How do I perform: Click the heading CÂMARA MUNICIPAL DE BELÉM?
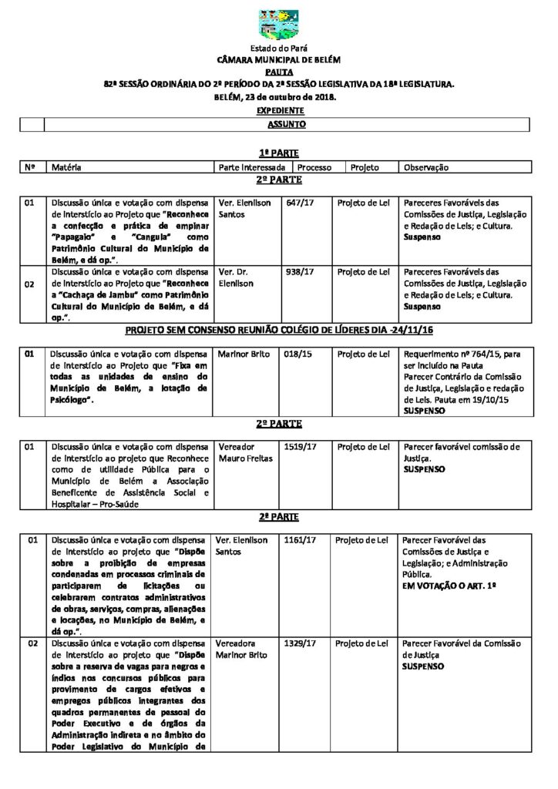(278, 59)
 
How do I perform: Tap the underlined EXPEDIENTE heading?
(279, 111)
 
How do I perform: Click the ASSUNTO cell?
(287, 123)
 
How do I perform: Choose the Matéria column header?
(66, 167)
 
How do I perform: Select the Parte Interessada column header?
(252, 167)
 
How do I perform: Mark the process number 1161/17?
(299, 540)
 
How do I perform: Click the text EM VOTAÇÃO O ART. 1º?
(449, 586)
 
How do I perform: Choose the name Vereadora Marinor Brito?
(245, 649)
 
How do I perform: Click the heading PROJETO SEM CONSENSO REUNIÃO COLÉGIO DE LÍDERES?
(278, 331)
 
